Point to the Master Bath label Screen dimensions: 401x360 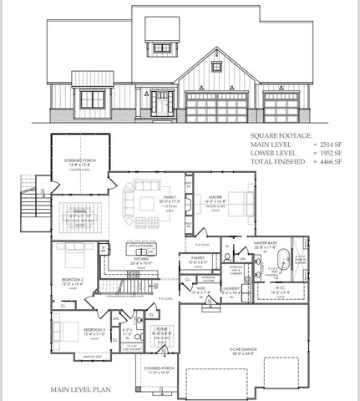(x=266, y=243)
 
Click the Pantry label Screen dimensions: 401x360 (x=198, y=259)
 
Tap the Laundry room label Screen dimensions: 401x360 (x=232, y=290)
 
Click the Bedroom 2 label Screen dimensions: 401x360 (x=71, y=279)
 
